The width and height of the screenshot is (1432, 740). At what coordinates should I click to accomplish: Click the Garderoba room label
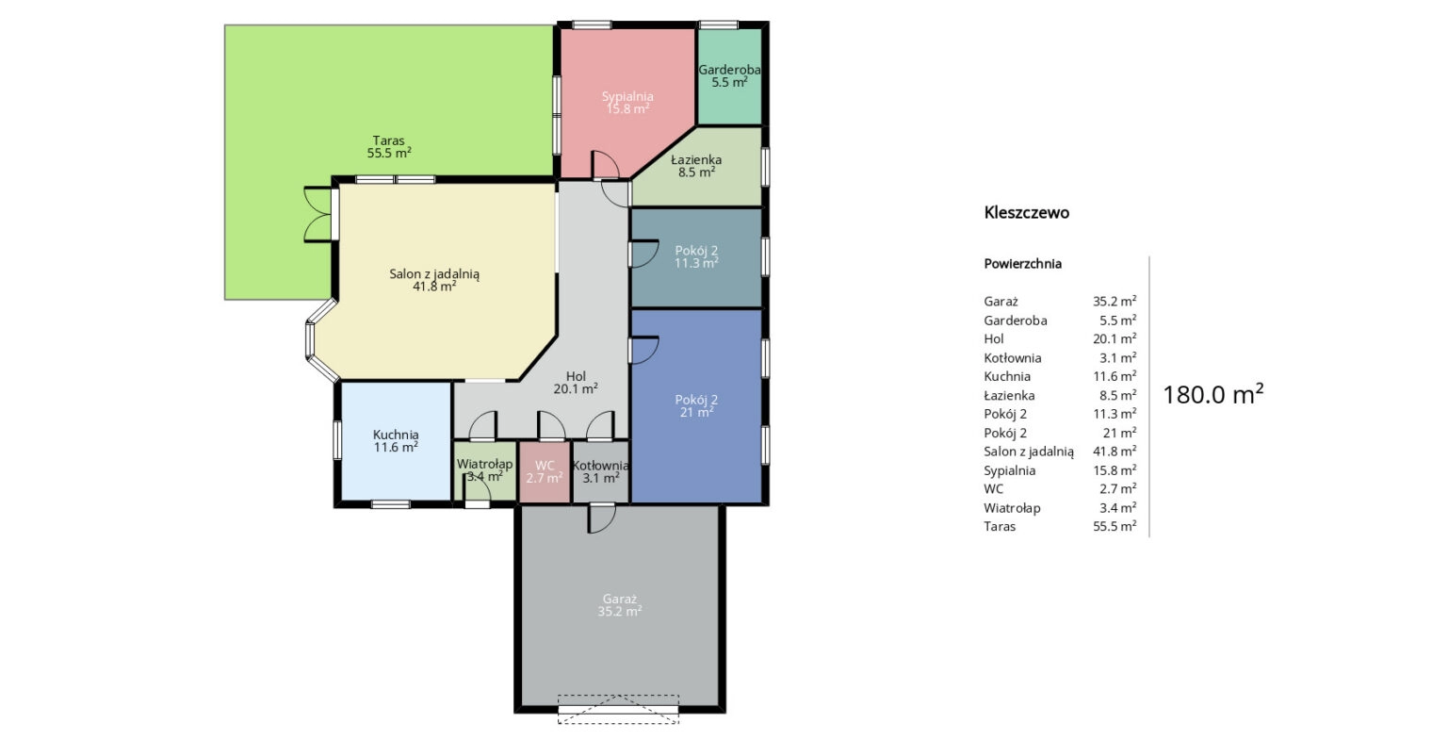(729, 76)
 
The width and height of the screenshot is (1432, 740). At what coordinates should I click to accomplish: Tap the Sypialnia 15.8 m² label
(627, 103)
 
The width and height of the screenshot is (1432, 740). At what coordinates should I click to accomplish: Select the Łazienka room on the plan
(697, 166)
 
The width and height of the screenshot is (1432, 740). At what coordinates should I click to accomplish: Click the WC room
(544, 472)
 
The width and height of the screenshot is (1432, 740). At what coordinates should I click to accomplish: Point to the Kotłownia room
(600, 472)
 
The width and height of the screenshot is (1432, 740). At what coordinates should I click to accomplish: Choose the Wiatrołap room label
(484, 470)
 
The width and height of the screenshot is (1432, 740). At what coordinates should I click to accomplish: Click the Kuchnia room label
(396, 440)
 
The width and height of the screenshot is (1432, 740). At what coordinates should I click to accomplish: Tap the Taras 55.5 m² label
(389, 146)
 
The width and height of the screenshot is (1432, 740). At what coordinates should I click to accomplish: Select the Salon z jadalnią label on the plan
(434, 279)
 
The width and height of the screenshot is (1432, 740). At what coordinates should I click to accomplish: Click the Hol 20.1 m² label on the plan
(576, 383)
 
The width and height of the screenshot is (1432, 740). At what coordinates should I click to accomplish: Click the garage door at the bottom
(618, 709)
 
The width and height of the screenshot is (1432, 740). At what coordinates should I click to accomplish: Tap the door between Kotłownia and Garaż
(602, 518)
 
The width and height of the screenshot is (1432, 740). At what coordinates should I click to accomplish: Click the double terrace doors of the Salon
(319, 214)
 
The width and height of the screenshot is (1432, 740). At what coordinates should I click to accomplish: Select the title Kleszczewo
(1027, 212)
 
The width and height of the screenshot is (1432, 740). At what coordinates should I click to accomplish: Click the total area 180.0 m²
(1212, 395)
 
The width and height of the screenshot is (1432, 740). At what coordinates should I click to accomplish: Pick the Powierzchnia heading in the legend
(1023, 264)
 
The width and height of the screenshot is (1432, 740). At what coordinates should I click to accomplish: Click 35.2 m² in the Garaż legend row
(1115, 301)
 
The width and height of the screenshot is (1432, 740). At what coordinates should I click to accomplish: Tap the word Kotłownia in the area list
(1013, 357)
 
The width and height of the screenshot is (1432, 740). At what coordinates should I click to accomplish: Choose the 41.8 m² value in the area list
(1115, 451)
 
